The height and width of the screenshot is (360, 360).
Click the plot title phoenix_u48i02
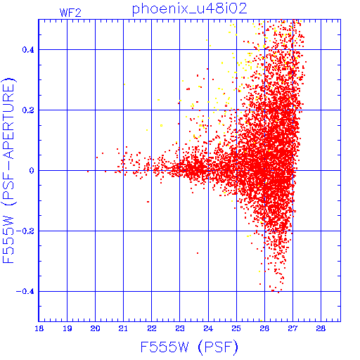point(190,9)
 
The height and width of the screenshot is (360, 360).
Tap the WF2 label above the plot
point(70,13)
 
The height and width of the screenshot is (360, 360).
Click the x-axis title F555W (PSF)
point(189,347)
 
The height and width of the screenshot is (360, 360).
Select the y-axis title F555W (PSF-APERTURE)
point(8,170)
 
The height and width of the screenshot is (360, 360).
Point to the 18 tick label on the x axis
point(39,328)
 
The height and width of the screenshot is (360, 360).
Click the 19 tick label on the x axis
point(67,328)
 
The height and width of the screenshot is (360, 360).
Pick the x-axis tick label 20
point(96,328)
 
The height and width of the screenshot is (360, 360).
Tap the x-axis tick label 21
point(123,328)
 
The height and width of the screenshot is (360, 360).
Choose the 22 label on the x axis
point(152,328)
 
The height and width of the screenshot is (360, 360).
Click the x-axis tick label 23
point(180,328)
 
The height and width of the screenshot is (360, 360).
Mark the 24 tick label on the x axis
point(208,328)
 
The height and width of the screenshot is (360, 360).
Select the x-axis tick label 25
point(236,328)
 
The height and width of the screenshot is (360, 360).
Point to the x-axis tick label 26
point(264,328)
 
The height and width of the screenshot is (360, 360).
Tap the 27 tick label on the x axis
point(292,328)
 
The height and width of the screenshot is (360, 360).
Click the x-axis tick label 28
point(321,328)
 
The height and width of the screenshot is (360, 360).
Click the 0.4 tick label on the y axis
point(28,50)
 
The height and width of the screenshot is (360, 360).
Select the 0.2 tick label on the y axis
point(28,110)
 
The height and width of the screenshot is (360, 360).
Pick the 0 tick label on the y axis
point(32,171)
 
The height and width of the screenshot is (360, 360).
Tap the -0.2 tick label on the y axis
point(25,231)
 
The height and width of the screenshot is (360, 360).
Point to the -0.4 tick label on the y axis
point(25,292)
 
